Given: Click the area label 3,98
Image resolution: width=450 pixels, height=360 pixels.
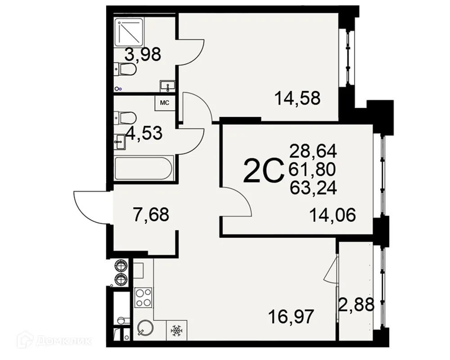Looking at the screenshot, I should click(x=143, y=55).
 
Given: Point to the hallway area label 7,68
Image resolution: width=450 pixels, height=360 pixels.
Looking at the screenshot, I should click(x=151, y=214).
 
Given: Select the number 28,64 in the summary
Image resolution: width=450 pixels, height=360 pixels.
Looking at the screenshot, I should click(x=313, y=149).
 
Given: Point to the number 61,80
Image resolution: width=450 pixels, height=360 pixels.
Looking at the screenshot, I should click(x=313, y=169).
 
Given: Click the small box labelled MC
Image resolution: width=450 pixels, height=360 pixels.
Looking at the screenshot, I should click(x=165, y=103).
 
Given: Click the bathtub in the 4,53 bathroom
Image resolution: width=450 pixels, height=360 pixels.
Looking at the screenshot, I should click(x=144, y=169).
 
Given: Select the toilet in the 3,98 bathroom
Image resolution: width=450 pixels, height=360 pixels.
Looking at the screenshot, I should click(x=126, y=69).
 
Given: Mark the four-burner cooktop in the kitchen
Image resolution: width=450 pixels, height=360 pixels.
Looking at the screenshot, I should click(x=144, y=297).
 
